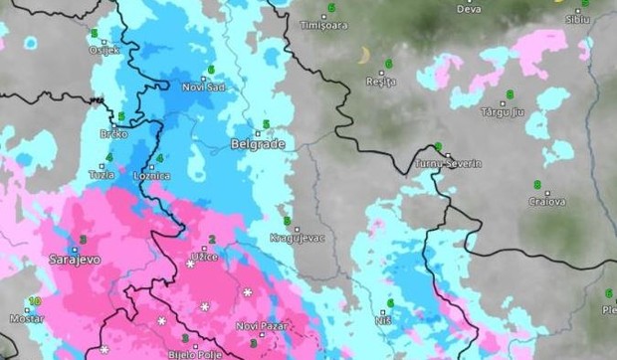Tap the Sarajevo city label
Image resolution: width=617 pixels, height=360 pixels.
[76, 259]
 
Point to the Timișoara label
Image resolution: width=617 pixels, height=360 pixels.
[323, 23]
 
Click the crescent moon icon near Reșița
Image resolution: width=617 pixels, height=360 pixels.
[365, 55]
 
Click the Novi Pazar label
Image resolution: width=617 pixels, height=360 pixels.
[261, 326]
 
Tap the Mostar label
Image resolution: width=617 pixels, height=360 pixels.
[28, 318]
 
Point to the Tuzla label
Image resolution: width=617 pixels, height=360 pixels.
[102, 174]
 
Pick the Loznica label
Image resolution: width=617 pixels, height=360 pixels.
[152, 175]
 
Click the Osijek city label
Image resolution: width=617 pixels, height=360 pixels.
[103, 50]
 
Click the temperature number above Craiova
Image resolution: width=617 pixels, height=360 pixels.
[536, 185]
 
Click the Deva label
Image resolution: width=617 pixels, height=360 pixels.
[469, 9]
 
